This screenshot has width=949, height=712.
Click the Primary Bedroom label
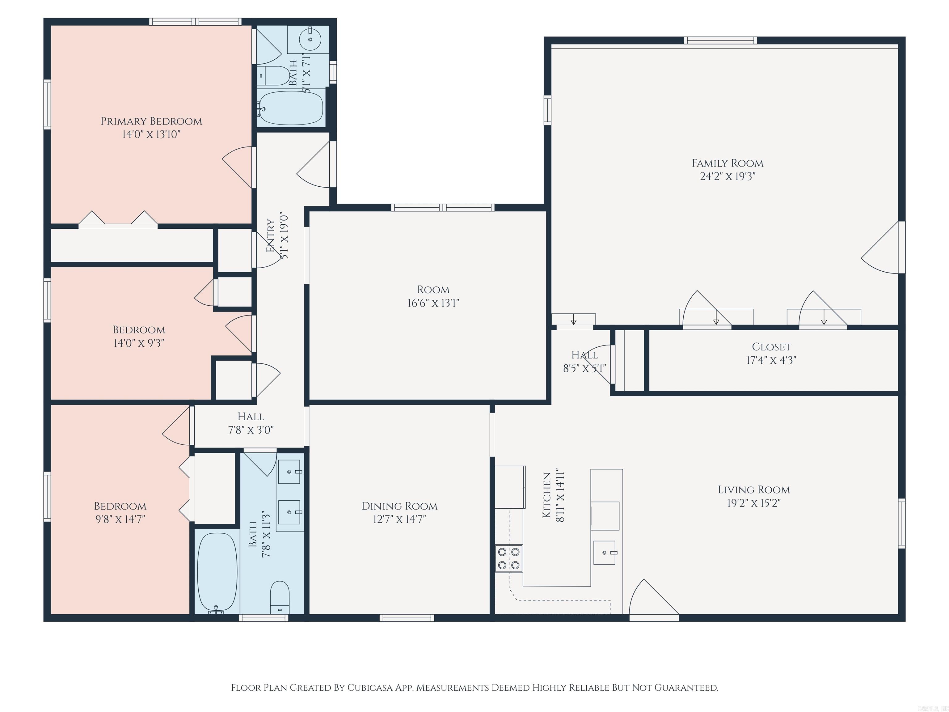pos(151,121)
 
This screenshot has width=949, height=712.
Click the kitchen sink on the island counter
pos(605,553)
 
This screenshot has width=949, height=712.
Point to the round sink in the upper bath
pos(310,40)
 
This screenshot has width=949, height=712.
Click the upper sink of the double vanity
pos(289,472)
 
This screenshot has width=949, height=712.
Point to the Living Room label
pos(754,490)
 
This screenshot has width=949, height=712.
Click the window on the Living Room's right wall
pos(901,523)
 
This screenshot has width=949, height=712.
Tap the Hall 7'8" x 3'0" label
pos(251,417)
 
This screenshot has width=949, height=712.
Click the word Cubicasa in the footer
pos(369,688)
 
